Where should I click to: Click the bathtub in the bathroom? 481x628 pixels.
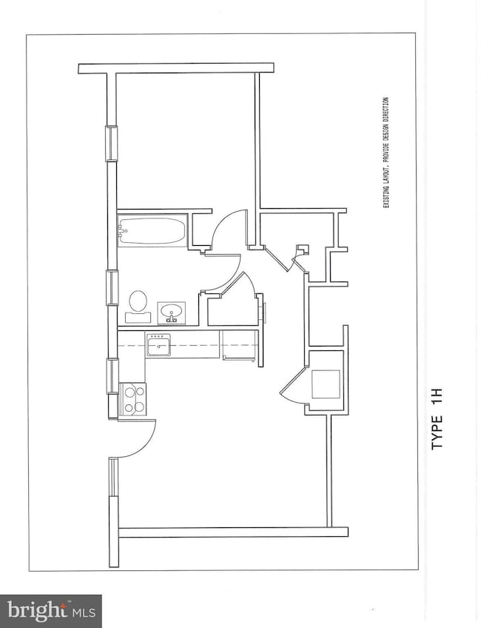click(152, 230)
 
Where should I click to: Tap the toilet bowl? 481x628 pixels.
click(138, 301)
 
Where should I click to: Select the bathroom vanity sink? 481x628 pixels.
click(172, 312)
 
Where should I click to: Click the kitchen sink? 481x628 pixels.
click(158, 345)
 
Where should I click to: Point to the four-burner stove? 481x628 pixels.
click(133, 398)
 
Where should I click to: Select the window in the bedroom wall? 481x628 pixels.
click(111, 143)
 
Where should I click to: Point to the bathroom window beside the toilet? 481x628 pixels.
click(112, 287)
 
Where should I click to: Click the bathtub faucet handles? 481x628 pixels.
click(123, 230)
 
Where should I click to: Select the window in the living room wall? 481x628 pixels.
click(112, 512)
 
